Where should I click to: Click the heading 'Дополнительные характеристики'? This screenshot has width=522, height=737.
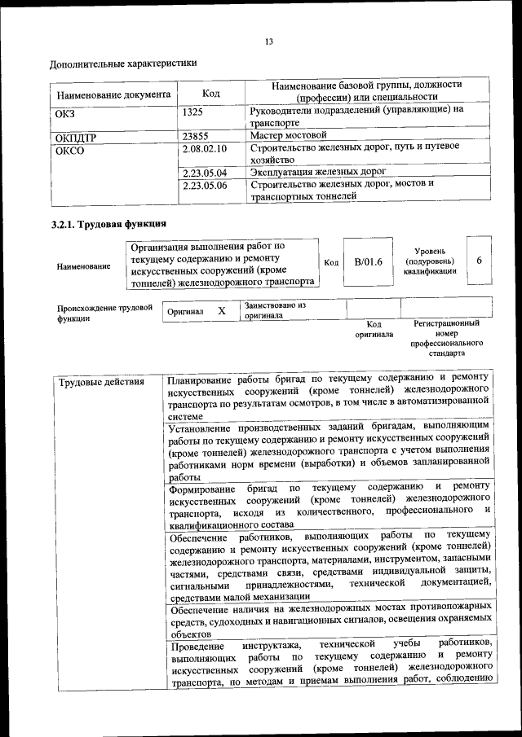[123, 63]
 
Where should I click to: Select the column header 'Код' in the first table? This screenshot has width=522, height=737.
[210, 94]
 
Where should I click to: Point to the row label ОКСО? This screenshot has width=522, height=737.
[69, 150]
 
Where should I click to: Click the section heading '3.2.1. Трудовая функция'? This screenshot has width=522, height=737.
[108, 224]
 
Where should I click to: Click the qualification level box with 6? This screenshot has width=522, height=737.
[479, 260]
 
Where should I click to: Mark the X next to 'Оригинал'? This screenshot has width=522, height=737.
[221, 311]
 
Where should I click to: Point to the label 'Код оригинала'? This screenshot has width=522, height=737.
[374, 329]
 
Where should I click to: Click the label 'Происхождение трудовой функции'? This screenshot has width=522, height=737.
[104, 314]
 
